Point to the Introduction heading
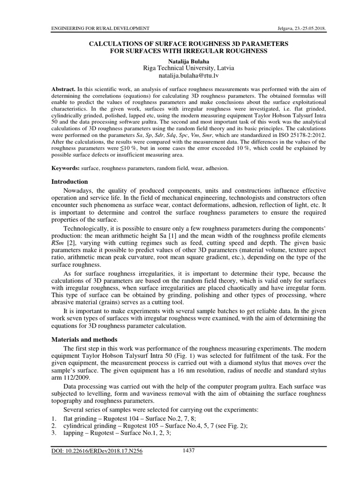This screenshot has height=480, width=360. point(70,181)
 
